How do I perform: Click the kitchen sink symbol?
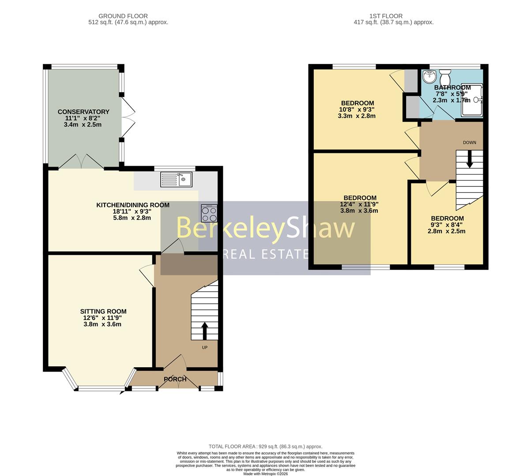click(x=176, y=179)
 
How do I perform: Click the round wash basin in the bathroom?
click(x=428, y=77)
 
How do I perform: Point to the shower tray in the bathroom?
click(x=471, y=100)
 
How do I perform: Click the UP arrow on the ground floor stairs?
click(x=204, y=330)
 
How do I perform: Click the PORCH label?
click(x=175, y=379)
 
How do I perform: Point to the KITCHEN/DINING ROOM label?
click(x=133, y=205)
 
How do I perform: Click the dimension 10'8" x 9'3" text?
click(x=358, y=110)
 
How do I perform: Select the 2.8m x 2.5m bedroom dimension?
click(x=447, y=231)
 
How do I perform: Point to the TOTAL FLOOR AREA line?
click(x=265, y=446)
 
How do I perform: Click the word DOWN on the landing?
click(x=469, y=142)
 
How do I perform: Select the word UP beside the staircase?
click(x=205, y=347)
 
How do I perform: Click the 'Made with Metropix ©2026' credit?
click(x=265, y=474)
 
